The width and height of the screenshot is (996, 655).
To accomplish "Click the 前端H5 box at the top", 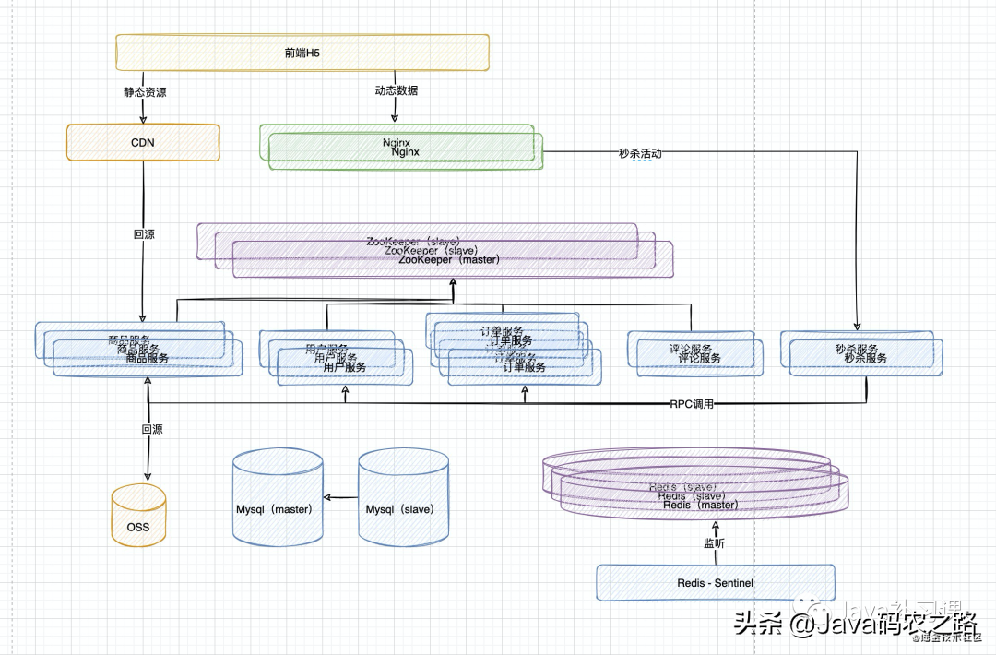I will point(302,53).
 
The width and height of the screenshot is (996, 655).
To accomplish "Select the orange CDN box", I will point(143,143).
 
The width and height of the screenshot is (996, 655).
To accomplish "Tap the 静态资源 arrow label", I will point(145,92).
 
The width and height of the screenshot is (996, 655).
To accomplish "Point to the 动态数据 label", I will point(397,90).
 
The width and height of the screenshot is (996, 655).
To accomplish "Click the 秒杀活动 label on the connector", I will point(640,153).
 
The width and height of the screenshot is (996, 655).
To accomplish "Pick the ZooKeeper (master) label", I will point(449,260).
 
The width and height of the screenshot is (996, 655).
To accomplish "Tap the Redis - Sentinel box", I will point(715,583).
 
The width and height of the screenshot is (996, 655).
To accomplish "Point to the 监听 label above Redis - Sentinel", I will point(715,543).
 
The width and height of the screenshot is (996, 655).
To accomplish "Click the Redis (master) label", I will point(700,505).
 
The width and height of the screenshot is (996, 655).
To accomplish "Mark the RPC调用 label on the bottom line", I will point(692,404).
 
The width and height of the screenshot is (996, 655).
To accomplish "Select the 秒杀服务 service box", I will point(861,354).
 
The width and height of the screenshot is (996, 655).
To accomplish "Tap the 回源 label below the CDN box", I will point(144,234).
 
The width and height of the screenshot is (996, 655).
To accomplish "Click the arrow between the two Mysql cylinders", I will point(340,498).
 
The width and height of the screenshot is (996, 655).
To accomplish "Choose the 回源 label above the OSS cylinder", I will point(151,430).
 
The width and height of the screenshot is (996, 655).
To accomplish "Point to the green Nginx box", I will point(402,148).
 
